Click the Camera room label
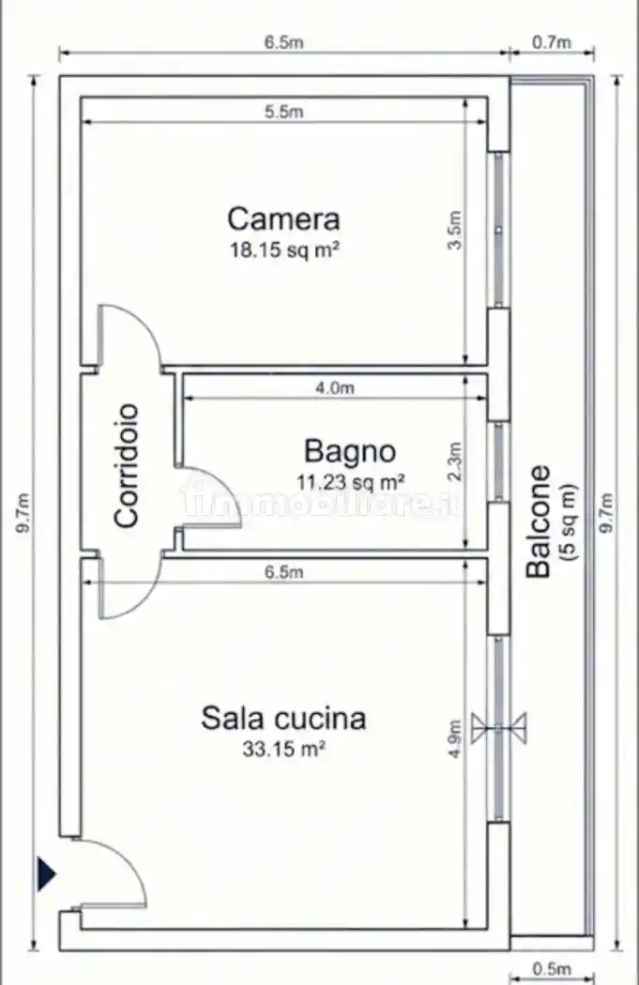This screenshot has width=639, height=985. coord(283,220)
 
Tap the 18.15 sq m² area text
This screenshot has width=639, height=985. coord(285,250)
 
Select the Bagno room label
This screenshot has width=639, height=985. coord(350,452)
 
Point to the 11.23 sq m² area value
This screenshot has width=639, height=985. coord(351,482)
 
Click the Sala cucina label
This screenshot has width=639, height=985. coord(283,719)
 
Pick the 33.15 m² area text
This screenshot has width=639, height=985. coord(284,749)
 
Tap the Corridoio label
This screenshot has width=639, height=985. coord(127,465)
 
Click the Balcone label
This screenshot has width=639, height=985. coord(540,521)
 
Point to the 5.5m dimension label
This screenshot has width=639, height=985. coord(284,112)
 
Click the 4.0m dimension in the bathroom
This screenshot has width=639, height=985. coord(335,387)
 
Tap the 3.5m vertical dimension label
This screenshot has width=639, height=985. coord(455,230)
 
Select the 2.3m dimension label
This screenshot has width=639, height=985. coord(455,462)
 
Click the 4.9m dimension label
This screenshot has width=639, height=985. coord(455,739)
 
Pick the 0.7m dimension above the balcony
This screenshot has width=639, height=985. coord(552,42)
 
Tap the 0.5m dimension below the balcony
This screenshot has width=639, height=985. coord(552,968)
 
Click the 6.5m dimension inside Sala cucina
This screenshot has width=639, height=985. coord(284,571)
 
